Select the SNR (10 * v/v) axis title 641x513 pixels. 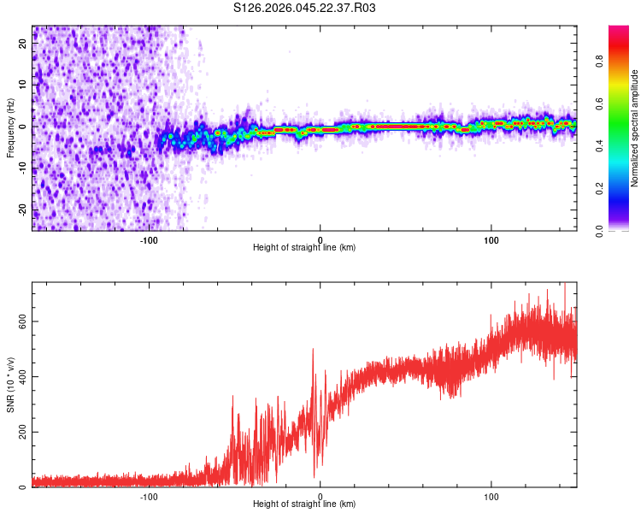[x=10, y=385]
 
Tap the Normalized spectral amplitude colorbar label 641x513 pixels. [x=635, y=128]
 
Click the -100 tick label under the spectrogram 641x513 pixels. [x=149, y=239]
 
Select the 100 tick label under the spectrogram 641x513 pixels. [x=491, y=239]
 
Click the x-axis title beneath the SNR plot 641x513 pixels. [x=305, y=504]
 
